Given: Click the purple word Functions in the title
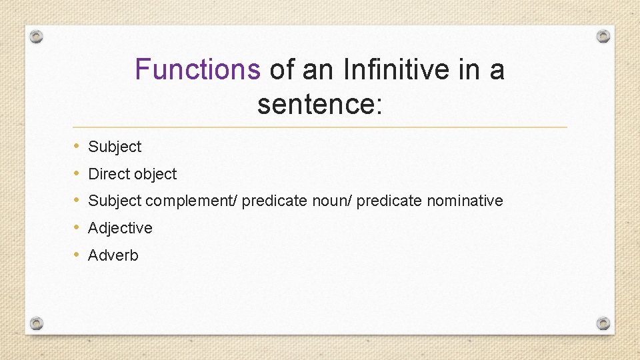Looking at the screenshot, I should pos(197,69).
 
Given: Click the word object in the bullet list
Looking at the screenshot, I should pos(155,174).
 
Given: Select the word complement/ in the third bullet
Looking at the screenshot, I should pos(191,201).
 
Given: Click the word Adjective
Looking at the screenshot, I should pos(120,228).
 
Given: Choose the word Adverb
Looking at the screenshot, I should pos(113,255).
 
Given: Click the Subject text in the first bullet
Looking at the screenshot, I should pos(115,147).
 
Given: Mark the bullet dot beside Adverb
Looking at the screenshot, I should pos(77,255).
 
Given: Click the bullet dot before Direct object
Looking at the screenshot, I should pos(77,173).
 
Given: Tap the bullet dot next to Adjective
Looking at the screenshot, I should pos(77,227).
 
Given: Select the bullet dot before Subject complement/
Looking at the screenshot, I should pos(77,200).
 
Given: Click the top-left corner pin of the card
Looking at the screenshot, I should pos(37,36).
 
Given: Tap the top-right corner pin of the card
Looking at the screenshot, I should pos(603,36).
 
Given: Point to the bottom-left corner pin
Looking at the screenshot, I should pos(37,323).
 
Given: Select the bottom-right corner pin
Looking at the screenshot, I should pos(603,323).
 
